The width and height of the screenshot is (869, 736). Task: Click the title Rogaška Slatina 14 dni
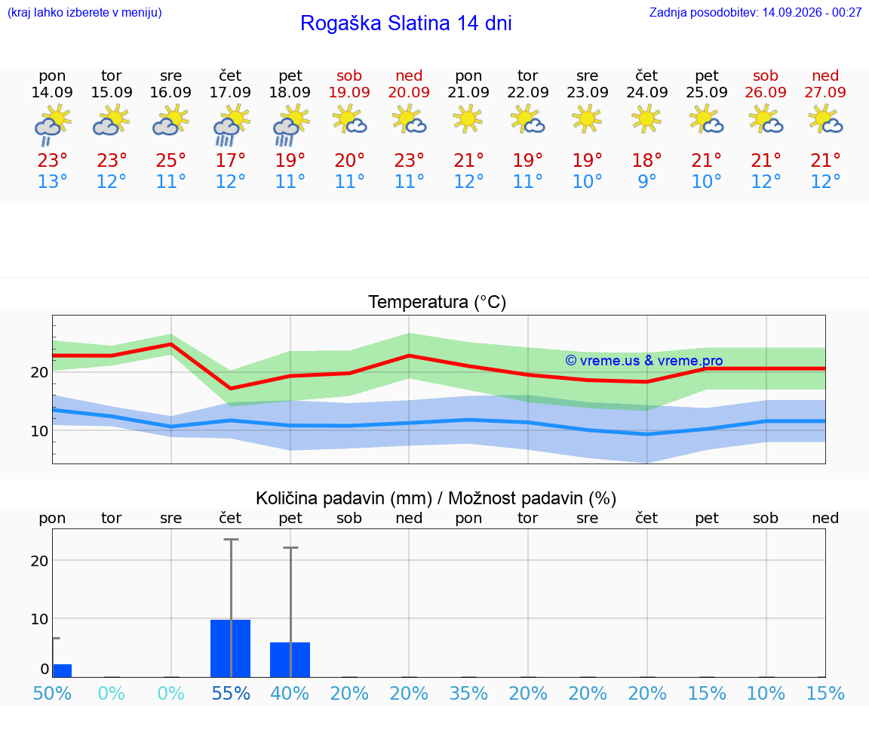[x=406, y=23]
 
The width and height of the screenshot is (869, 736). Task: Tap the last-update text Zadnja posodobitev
[x=704, y=12]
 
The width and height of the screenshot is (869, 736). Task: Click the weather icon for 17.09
[x=231, y=125]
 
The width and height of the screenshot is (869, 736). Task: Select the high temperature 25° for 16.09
[x=170, y=161]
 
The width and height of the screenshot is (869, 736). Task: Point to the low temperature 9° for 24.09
[x=646, y=181]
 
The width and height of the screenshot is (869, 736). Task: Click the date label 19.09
[x=349, y=92]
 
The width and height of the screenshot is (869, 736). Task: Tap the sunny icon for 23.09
[x=587, y=119]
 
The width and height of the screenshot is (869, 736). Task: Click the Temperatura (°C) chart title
[x=438, y=302]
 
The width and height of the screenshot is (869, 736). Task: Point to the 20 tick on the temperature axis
[x=39, y=372]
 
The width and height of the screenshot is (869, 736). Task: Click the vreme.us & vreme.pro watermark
[x=644, y=361]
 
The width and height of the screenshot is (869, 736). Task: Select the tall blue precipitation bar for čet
[x=231, y=648]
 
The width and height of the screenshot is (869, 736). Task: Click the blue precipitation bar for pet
[x=290, y=660]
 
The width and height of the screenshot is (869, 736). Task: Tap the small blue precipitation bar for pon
[x=62, y=670]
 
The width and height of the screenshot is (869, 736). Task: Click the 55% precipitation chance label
[x=231, y=693]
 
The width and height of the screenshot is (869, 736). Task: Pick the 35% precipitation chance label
[x=468, y=693]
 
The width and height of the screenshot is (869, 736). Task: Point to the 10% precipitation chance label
[x=766, y=693]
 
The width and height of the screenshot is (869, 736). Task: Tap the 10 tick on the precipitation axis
[x=39, y=618]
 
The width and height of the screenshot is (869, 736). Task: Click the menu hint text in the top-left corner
[x=84, y=12]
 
